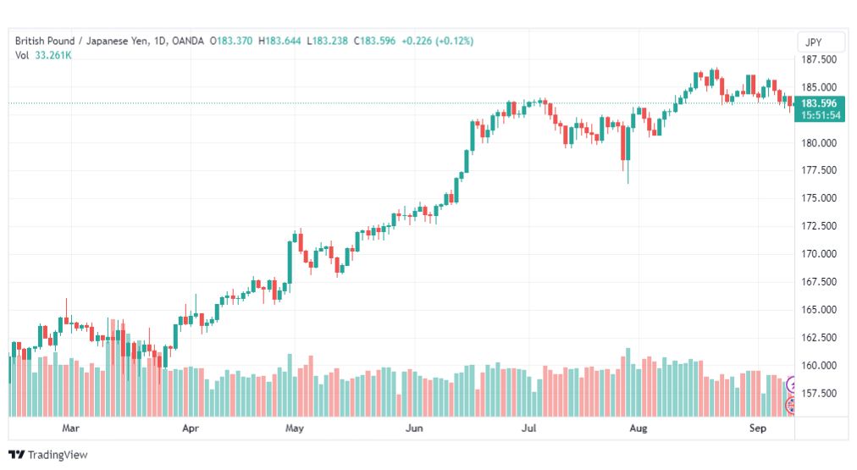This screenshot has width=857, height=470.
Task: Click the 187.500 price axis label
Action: [x=818, y=59]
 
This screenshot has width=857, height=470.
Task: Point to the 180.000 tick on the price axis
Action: [x=818, y=143]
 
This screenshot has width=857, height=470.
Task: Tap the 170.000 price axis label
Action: [x=818, y=254]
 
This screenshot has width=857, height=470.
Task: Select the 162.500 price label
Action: [x=818, y=338]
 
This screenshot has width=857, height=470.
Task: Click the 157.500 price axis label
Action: [x=818, y=394]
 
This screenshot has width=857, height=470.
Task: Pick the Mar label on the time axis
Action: [x=70, y=428]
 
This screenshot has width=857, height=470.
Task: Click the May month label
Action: [x=294, y=428]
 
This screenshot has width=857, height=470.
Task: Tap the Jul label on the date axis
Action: [x=528, y=428]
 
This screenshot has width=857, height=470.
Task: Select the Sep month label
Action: [x=758, y=428]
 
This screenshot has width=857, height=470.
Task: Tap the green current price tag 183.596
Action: [x=819, y=103]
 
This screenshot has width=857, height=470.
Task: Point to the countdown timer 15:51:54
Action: [x=821, y=115]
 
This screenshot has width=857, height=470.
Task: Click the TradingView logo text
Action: [x=58, y=455]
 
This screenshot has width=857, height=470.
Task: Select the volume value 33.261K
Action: [x=53, y=55]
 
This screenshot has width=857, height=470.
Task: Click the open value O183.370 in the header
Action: [x=231, y=41]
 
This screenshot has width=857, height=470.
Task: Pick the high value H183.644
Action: [x=279, y=41]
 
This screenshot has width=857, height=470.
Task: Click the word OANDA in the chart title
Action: [x=187, y=41]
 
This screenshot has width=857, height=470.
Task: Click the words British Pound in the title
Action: [x=45, y=41]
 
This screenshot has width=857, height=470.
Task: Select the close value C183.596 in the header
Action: [x=374, y=41]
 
